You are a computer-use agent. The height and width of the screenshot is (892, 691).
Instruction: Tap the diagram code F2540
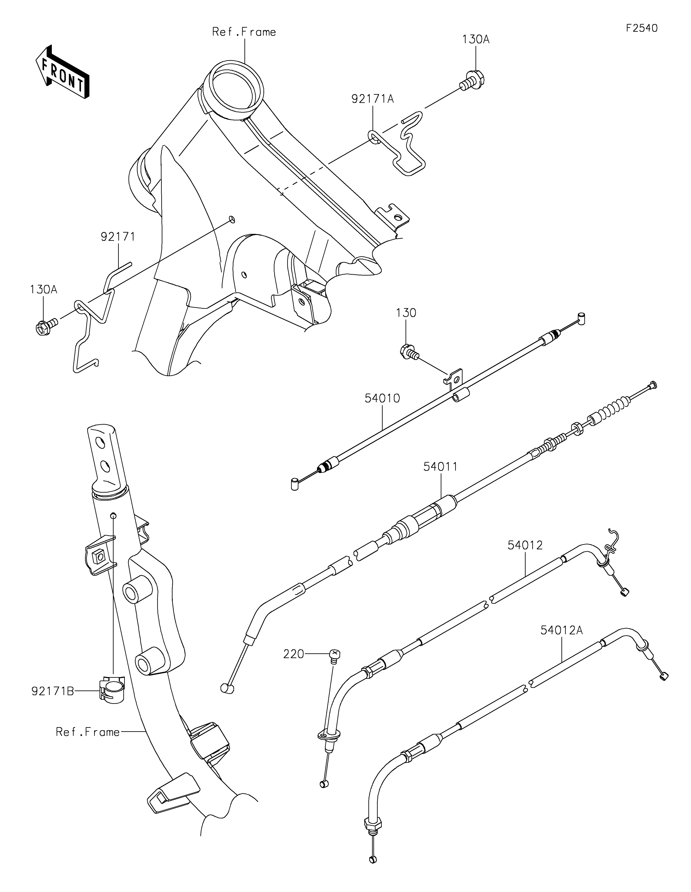coord(642,28)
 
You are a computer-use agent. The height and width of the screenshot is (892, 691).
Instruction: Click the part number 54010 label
coord(382,398)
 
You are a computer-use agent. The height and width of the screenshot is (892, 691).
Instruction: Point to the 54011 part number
coord(441,466)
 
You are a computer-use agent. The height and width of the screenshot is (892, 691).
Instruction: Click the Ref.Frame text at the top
coord(244,32)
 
